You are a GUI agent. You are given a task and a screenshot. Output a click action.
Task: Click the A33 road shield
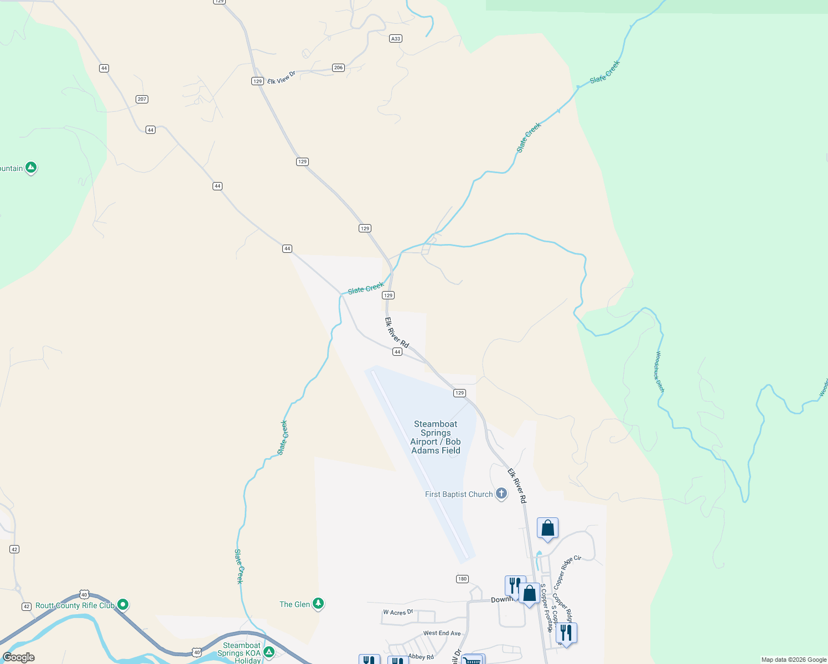tap(396, 39)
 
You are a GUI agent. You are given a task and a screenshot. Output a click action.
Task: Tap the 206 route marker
tap(339, 68)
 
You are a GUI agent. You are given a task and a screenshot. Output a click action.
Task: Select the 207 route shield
tap(142, 99)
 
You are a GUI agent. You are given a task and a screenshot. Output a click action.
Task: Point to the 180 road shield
tap(463, 579)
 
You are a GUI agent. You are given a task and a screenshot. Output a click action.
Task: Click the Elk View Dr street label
tap(281, 78)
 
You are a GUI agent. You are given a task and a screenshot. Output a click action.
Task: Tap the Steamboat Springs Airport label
tap(436, 437)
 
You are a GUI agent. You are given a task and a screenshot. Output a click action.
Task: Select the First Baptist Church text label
tap(458, 494)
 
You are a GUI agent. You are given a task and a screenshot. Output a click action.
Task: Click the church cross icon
tap(501, 493)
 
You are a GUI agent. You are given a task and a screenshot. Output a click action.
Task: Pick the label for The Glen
tap(294, 604)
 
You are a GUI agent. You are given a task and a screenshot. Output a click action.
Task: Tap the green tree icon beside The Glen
tap(318, 603)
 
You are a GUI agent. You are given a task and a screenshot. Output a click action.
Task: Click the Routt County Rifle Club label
tap(75, 605)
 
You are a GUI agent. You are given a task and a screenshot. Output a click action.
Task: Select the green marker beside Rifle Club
tap(123, 604)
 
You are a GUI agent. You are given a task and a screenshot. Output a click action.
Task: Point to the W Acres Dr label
tap(398, 613)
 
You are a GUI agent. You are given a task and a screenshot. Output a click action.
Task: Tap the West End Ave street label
tap(442, 633)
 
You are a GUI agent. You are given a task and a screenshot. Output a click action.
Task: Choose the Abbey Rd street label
tap(421, 657)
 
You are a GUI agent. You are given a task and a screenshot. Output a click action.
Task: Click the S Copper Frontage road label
tap(547, 608)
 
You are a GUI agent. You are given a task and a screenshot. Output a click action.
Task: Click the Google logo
tap(19, 657)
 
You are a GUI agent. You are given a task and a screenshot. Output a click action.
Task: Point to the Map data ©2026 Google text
tap(794, 660)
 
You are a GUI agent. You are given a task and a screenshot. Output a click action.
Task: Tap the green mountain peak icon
tap(31, 167)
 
